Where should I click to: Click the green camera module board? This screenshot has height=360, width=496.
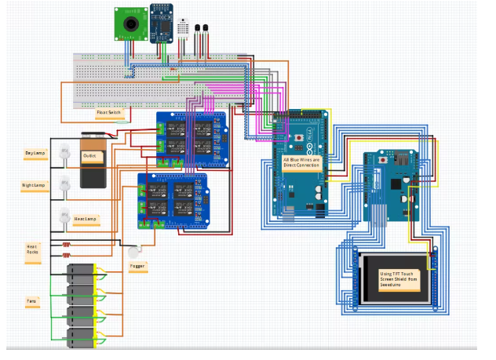point(130,24)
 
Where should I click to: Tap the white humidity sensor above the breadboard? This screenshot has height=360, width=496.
point(184,28)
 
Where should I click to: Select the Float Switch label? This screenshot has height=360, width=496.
point(109,113)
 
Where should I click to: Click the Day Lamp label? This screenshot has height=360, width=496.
point(35,155)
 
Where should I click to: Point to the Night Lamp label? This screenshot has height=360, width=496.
point(34,186)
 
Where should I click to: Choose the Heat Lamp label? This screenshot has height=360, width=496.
point(85,218)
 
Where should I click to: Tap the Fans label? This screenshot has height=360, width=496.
point(31,300)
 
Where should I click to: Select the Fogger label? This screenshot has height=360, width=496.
point(137,266)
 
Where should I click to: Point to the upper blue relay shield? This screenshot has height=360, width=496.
point(193,140)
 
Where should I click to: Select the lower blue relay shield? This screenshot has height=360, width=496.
point(173,199)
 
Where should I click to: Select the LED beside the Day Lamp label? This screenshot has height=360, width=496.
point(63,155)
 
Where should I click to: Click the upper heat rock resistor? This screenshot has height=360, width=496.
point(66,244)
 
